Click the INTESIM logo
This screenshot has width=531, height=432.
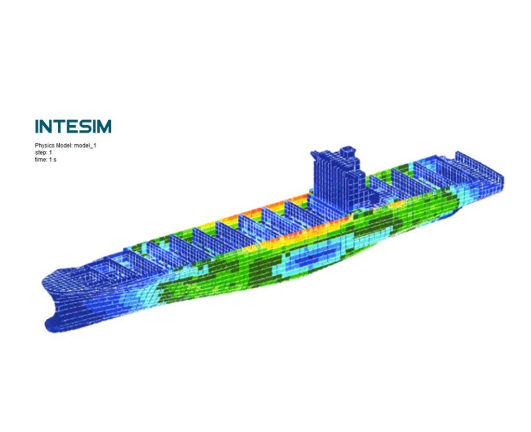(73, 126)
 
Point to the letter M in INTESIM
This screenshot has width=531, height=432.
(103, 126)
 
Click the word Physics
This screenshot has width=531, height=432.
(44, 146)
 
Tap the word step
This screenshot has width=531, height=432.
(41, 153)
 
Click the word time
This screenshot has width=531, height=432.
(40, 159)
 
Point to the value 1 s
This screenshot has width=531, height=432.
(53, 159)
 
